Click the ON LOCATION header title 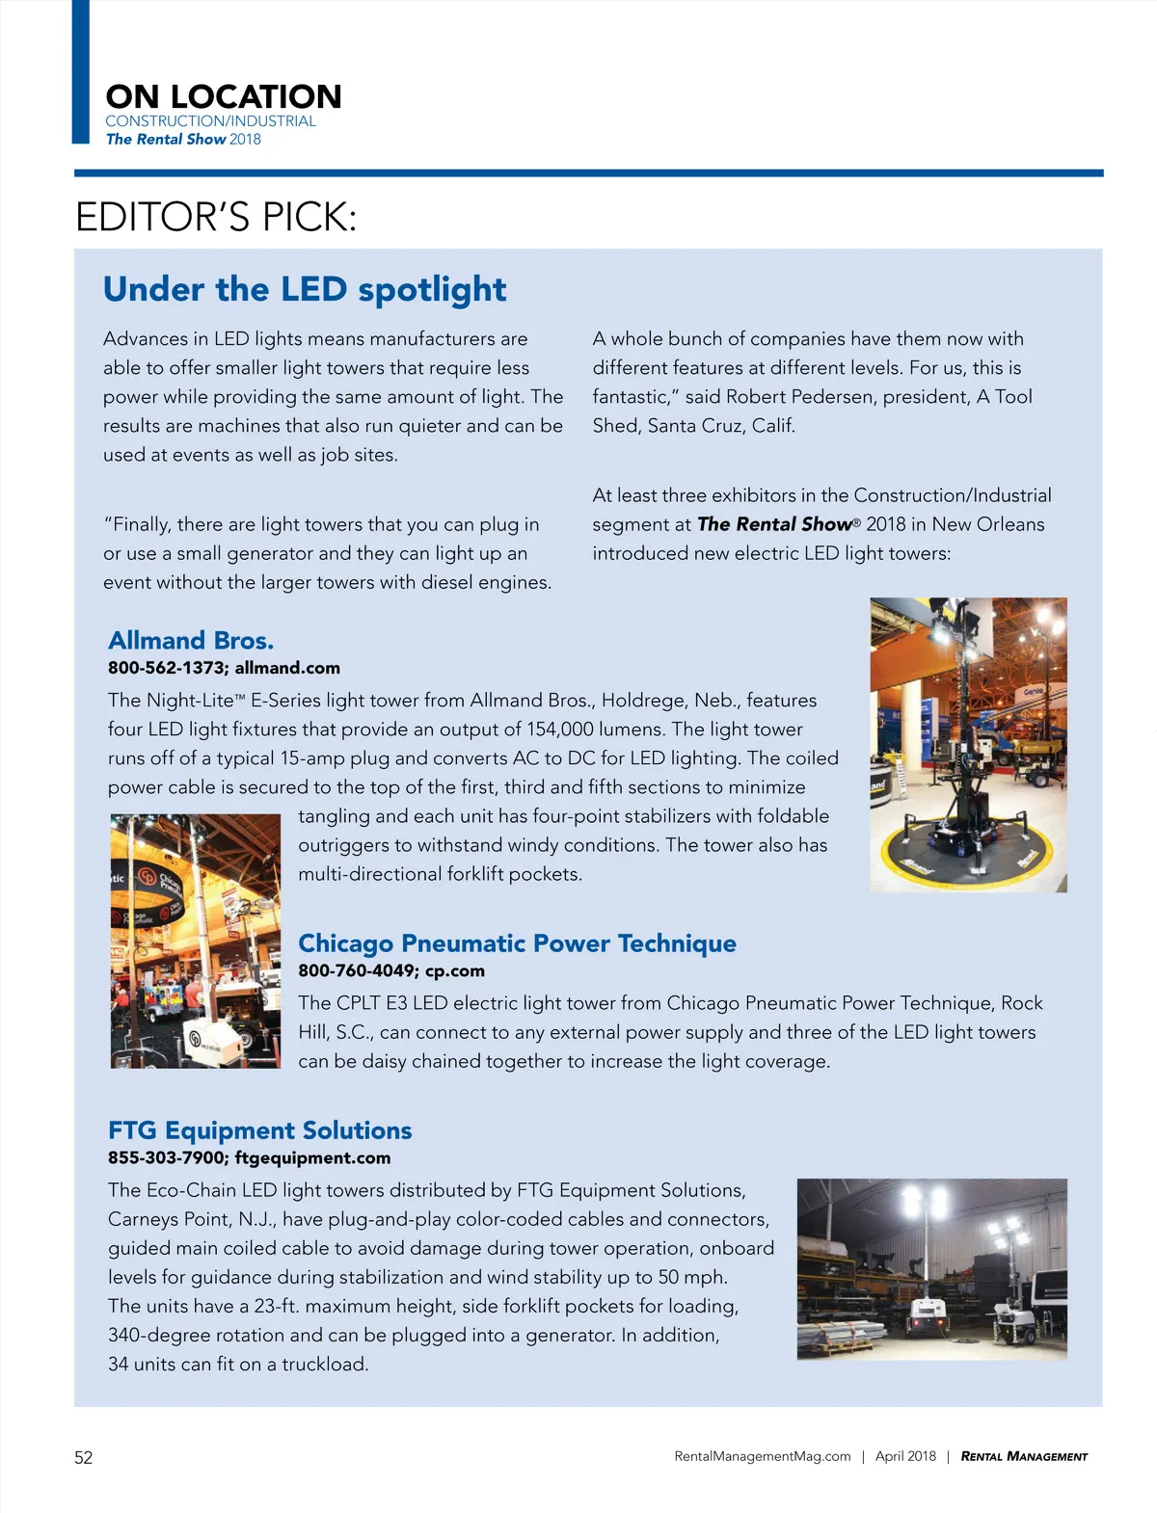click(x=224, y=96)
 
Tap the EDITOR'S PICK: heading click(x=216, y=218)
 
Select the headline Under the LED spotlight click(x=305, y=289)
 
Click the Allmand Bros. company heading click(x=191, y=641)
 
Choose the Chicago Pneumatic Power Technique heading click(x=517, y=943)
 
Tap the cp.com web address click(x=455, y=970)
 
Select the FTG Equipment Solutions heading click(x=259, y=1130)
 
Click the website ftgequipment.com click(x=312, y=1157)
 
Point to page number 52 click(x=84, y=1457)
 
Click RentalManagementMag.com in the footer click(x=763, y=1456)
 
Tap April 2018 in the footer click(x=905, y=1456)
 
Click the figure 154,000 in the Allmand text click(x=559, y=730)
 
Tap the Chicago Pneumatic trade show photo click(x=196, y=941)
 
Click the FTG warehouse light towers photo click(x=931, y=1268)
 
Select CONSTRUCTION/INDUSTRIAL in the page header click(x=210, y=121)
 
